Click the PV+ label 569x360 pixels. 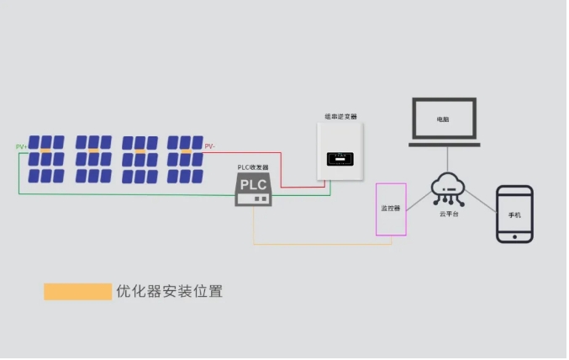tap(22, 147)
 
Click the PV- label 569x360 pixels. tap(210, 146)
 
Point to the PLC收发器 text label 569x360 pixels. tap(253, 168)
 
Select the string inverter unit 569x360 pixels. tap(343, 151)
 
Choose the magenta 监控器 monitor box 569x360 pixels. tap(391, 209)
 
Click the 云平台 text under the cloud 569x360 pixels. tap(449, 215)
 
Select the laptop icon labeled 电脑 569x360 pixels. tap(443, 121)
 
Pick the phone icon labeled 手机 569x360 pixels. tap(514, 214)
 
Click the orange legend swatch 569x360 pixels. tap(77, 292)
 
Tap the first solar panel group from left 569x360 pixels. tap(45, 159)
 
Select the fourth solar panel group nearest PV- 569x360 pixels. tap(185, 159)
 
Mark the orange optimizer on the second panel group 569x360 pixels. tap(92, 151)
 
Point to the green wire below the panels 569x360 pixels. tap(126, 193)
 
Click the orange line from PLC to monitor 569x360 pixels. tap(319, 245)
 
